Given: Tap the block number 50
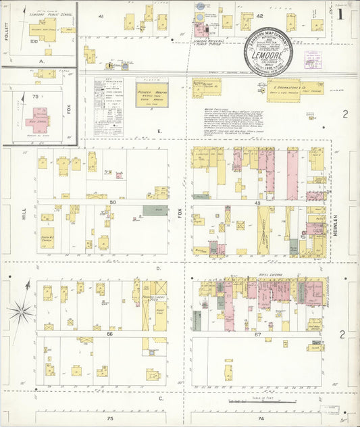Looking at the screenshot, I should click(x=113, y=202).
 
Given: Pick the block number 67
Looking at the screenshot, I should click(x=257, y=333).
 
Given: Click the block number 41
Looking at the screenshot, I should click(x=101, y=16).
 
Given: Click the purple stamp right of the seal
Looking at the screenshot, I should click(x=313, y=60).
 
